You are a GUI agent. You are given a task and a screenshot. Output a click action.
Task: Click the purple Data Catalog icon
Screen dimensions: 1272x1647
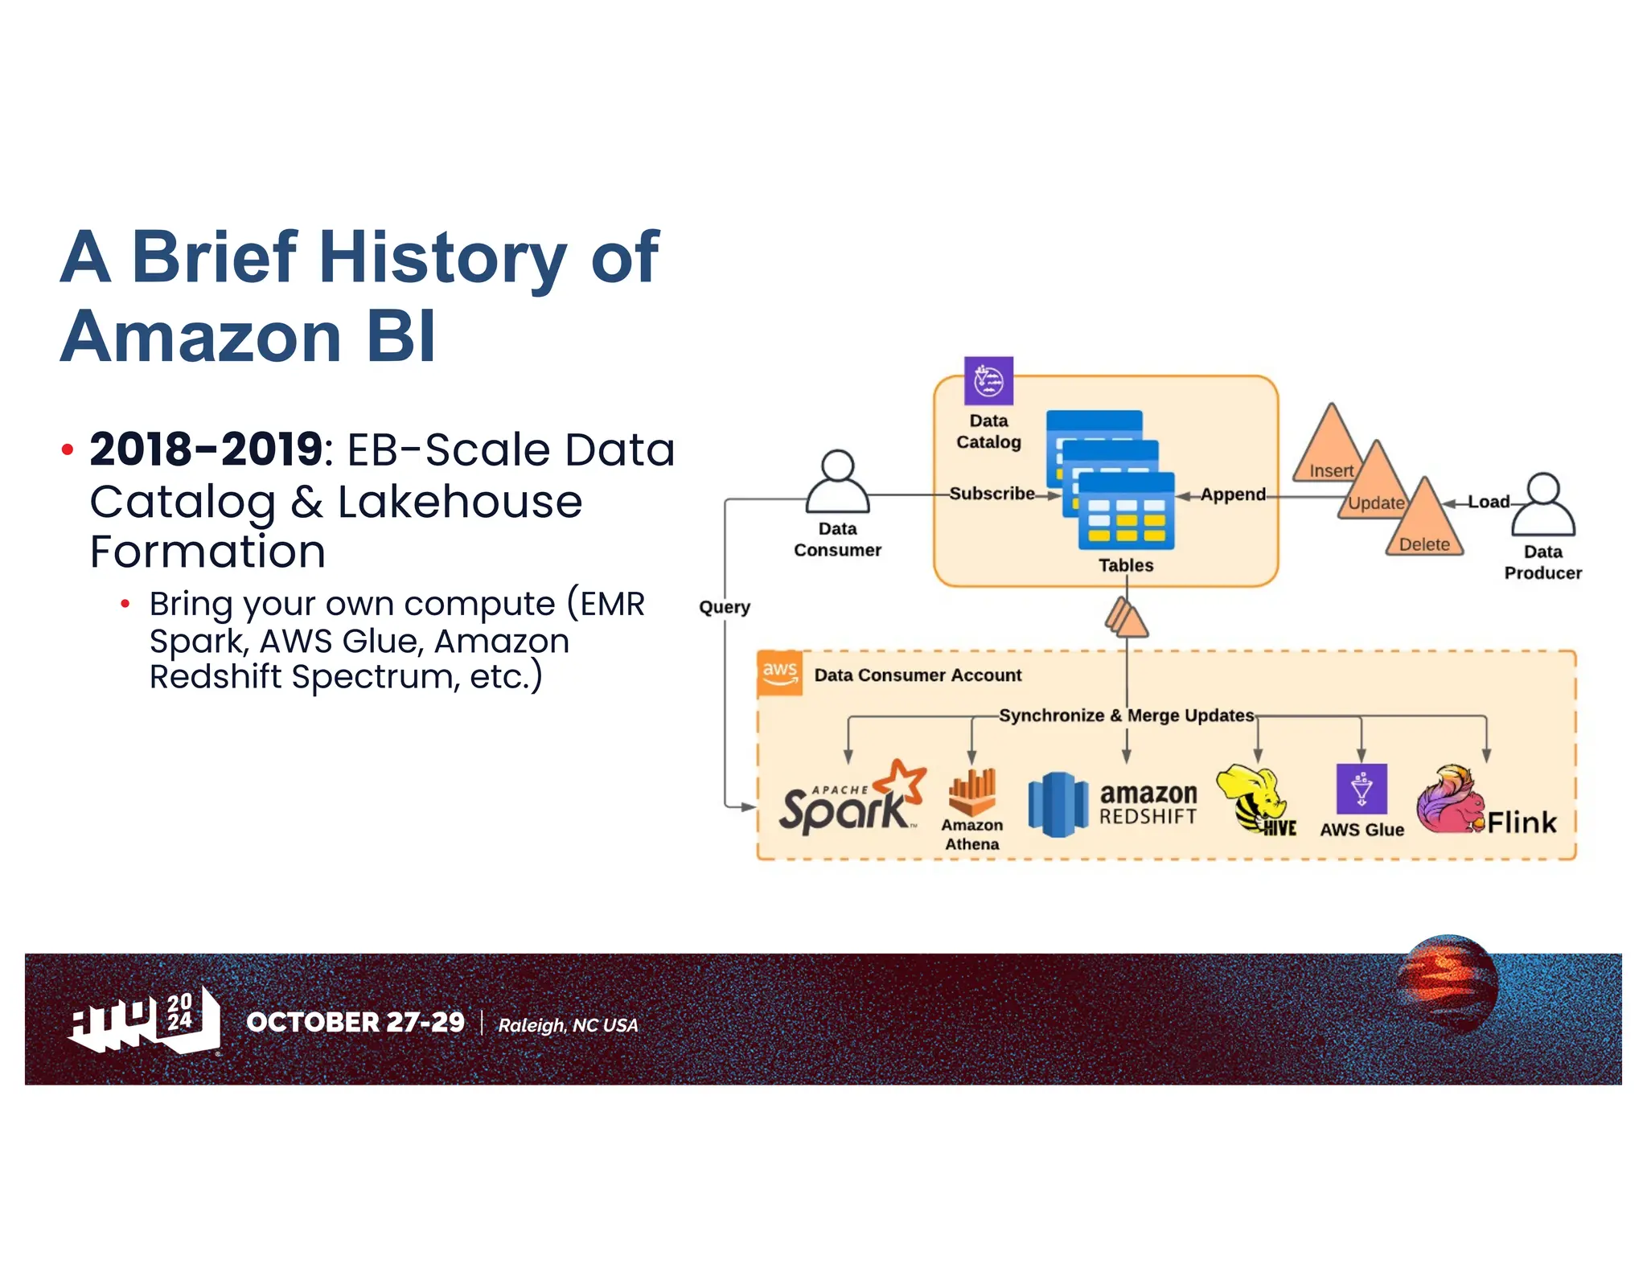988,381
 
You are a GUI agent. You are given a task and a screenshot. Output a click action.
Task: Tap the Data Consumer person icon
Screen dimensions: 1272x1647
837,482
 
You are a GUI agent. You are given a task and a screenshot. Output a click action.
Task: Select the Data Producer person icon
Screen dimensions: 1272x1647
1542,505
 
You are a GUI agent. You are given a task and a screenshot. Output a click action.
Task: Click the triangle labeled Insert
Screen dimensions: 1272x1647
1331,450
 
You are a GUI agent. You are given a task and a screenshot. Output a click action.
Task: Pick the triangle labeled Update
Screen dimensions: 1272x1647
1376,486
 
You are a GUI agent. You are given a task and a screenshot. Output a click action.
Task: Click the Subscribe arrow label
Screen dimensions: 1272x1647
992,494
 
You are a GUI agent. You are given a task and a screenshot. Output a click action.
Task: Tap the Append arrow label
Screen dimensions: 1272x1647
1232,494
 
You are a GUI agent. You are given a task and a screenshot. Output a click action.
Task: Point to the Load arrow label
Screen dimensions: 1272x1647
1489,502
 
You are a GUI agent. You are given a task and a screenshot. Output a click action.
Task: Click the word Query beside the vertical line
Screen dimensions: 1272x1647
724,607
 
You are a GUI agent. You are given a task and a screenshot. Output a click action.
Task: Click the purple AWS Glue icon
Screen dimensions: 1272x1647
1361,789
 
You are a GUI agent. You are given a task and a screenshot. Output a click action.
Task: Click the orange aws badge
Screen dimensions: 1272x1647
779,672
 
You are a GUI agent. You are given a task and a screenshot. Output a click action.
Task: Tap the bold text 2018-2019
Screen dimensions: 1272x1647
206,449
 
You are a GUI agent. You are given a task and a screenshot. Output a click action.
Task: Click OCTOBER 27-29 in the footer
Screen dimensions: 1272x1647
355,1022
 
